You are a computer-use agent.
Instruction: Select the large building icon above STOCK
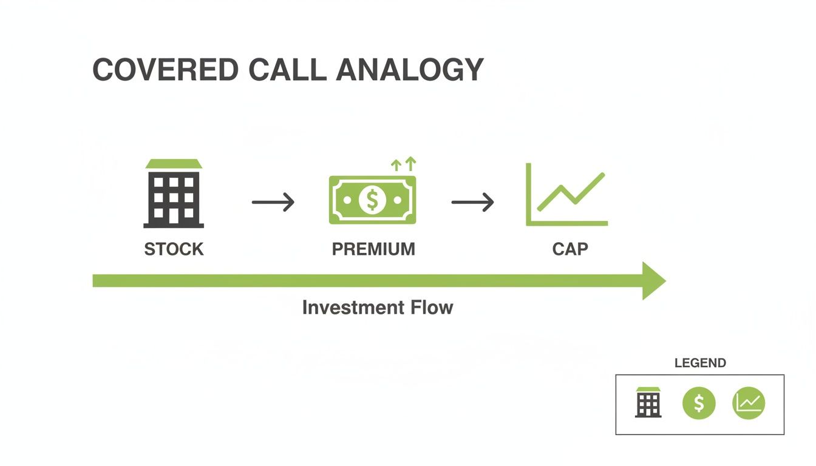tap(174, 197)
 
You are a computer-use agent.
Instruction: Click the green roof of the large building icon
tap(174, 164)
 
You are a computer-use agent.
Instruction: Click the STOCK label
tap(174, 249)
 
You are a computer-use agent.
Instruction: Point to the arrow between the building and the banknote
tap(273, 202)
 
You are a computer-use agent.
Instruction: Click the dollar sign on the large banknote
tap(372, 200)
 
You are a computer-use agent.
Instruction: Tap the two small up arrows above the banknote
tap(403, 163)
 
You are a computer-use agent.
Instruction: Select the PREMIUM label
tap(373, 249)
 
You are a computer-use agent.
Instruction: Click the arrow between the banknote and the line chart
tap(472, 202)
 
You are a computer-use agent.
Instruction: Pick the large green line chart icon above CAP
tap(566, 195)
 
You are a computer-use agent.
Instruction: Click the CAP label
tap(569, 249)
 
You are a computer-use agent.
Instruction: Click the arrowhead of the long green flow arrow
tap(654, 280)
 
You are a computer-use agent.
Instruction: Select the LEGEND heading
tap(700, 363)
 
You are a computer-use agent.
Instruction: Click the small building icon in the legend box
tap(648, 402)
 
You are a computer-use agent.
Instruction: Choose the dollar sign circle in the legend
tap(699, 403)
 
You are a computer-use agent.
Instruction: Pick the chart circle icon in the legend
tap(749, 403)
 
